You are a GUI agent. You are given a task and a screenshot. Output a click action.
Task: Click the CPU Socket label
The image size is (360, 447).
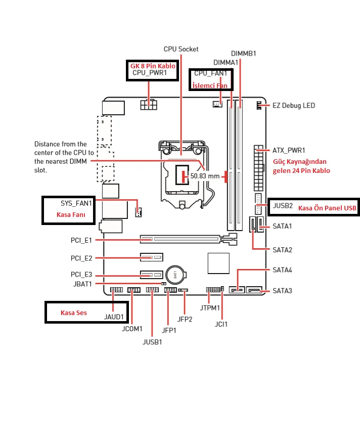click(x=181, y=49)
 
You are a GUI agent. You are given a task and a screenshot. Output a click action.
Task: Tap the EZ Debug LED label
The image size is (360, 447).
click(x=294, y=106)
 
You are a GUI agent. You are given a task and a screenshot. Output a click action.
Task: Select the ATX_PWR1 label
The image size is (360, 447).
click(x=289, y=150)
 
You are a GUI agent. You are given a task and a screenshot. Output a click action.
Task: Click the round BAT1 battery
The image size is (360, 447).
click(x=175, y=275)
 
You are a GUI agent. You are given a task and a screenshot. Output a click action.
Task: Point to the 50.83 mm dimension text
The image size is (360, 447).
click(x=205, y=176)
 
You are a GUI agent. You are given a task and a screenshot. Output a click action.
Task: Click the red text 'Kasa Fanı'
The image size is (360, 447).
click(x=71, y=215)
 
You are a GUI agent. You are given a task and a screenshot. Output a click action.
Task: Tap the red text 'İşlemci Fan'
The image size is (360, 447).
click(x=210, y=85)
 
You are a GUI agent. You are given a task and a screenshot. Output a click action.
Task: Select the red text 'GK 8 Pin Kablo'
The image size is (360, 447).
click(x=153, y=66)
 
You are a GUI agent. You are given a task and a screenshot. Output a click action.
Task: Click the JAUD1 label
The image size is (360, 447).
click(x=114, y=317)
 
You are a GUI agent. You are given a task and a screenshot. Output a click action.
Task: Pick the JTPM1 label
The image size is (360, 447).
click(x=210, y=308)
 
